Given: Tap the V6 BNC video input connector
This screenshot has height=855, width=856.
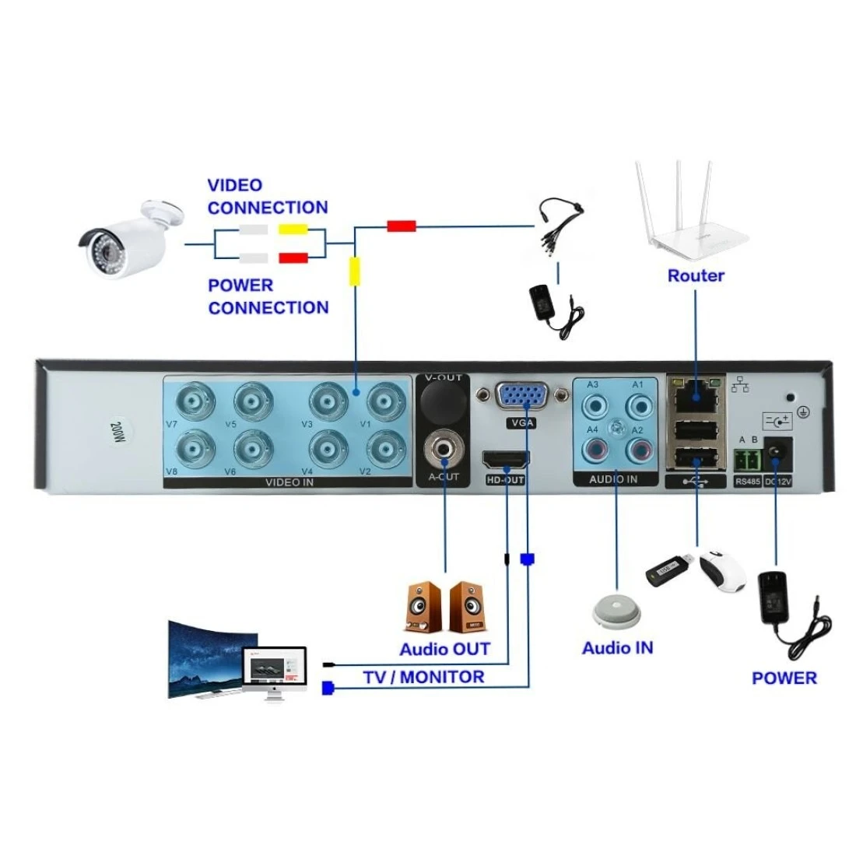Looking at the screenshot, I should (251, 448).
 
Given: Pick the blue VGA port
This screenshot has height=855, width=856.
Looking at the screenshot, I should (522, 396).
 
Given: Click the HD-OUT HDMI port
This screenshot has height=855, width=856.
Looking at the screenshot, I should (507, 461).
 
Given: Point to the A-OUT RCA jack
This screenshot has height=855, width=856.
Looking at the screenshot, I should (444, 449).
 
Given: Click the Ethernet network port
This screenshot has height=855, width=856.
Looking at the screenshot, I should (695, 398).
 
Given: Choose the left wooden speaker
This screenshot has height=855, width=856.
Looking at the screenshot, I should (421, 608).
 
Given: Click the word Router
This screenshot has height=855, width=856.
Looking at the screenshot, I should (695, 275).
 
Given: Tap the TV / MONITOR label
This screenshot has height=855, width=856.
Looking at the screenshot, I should (423, 678).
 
